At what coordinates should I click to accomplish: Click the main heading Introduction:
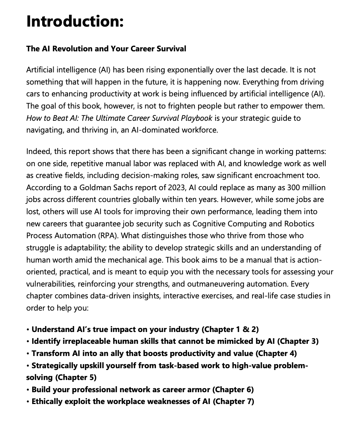coord(75,21)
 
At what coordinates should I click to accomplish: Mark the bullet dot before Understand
coord(28,329)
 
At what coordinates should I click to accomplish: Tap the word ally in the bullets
coord(117,353)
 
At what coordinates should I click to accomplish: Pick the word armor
coord(199,390)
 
